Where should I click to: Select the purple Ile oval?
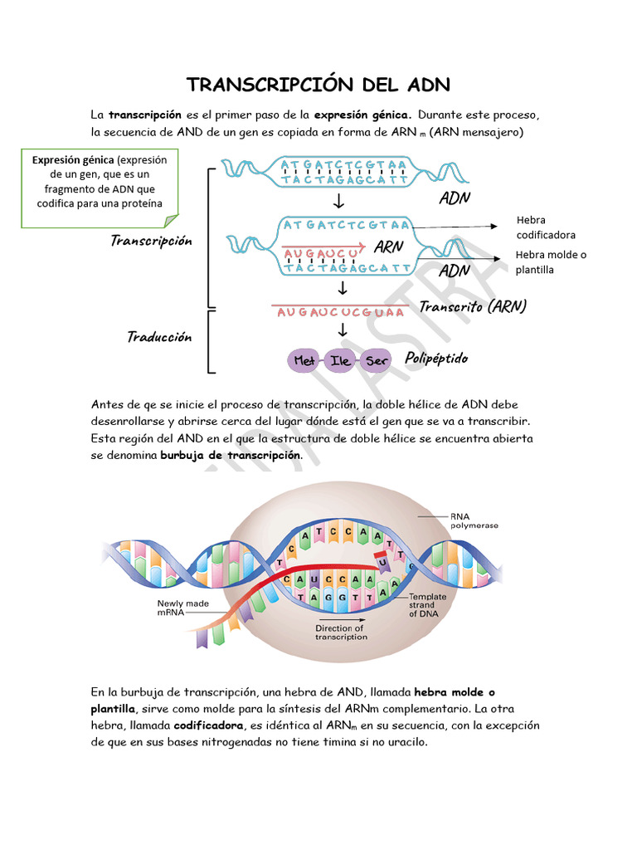click(x=340, y=361)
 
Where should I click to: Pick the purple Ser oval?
click(x=377, y=361)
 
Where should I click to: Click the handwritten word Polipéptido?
click(x=436, y=359)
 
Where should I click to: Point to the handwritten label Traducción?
click(x=159, y=337)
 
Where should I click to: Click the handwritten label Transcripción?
click(x=151, y=241)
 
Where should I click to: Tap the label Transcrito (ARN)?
click(x=473, y=306)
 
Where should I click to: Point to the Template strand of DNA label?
click(x=427, y=605)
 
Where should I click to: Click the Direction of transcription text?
click(x=340, y=633)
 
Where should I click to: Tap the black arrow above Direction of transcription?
click(x=340, y=619)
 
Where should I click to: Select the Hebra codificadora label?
click(x=545, y=227)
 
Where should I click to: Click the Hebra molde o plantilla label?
click(x=550, y=262)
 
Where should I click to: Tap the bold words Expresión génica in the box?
click(x=73, y=160)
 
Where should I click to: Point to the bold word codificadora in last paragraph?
click(x=208, y=725)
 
